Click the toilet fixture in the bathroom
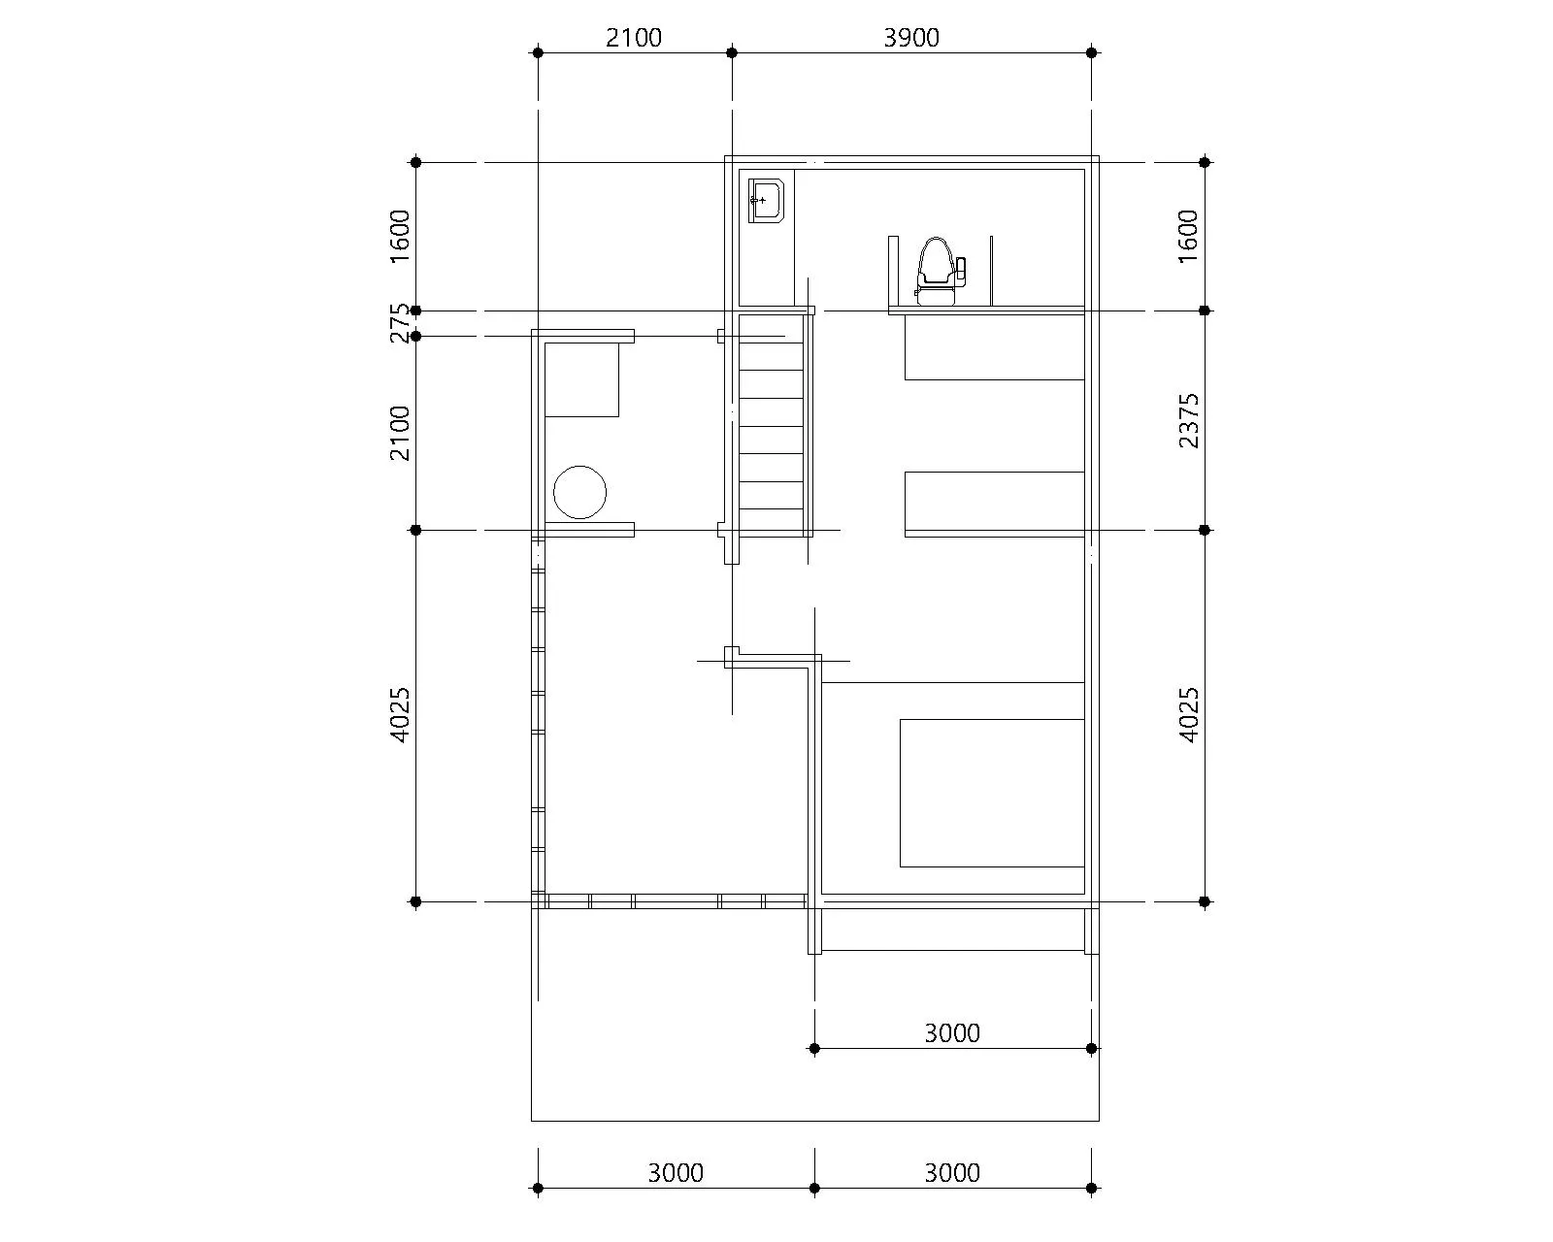tap(941, 272)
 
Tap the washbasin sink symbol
tap(766, 201)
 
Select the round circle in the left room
tap(579, 492)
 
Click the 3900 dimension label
tap(911, 38)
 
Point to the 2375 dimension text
tap(1188, 421)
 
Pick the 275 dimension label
tap(399, 323)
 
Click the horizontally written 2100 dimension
tap(634, 38)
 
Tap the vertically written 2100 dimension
tap(399, 433)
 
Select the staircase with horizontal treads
tap(771, 426)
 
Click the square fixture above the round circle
tap(581, 379)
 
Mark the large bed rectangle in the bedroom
tap(992, 793)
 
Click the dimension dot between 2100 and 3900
tap(732, 52)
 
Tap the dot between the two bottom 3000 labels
tap(814, 1188)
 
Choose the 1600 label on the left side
tap(399, 237)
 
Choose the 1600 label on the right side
tap(1188, 237)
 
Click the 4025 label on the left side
tap(399, 714)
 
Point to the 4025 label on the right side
tap(1188, 714)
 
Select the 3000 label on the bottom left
tap(676, 1173)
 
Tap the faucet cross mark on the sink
tap(762, 200)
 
